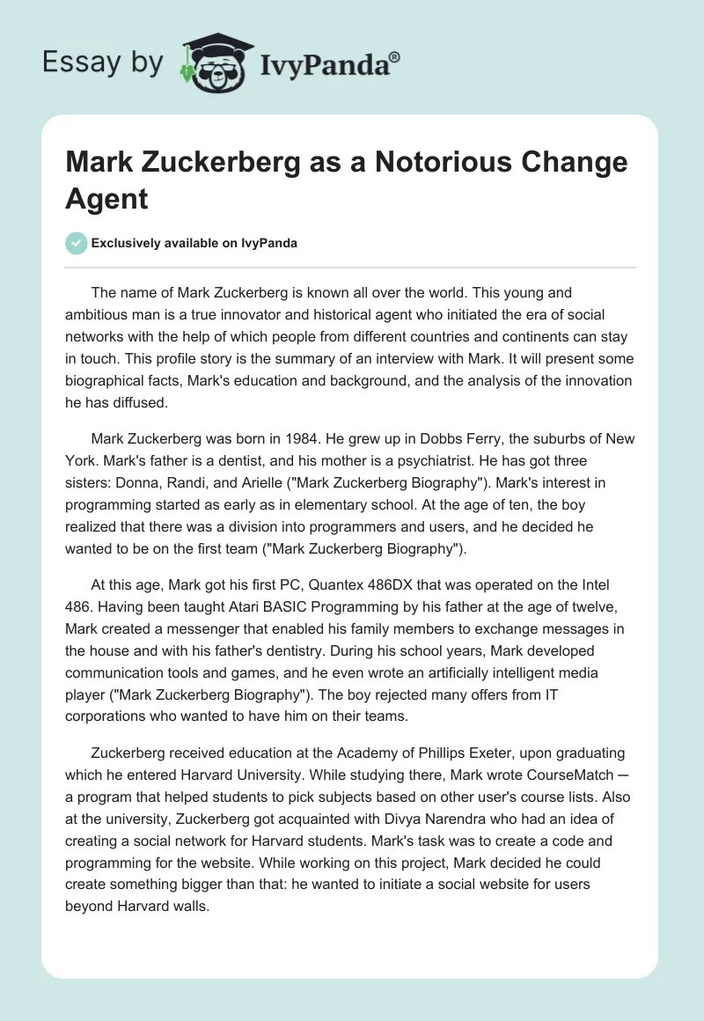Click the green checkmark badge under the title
coord(76,243)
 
